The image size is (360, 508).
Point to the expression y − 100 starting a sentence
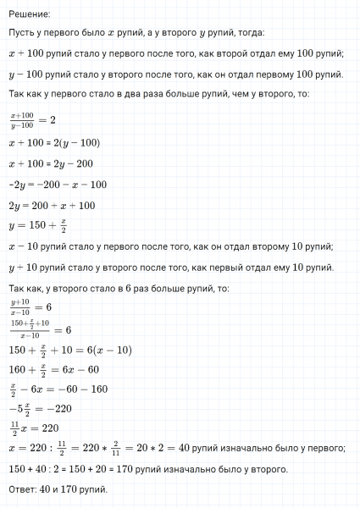[25, 75]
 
